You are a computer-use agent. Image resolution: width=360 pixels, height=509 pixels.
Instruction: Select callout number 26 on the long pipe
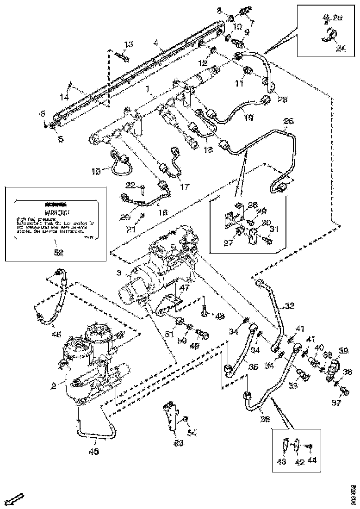pyautogui.click(x=289, y=122)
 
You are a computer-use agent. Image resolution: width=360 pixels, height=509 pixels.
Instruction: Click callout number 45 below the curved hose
pyautogui.click(x=93, y=451)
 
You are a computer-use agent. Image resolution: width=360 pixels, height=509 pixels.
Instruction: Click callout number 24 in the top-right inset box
pyautogui.click(x=341, y=48)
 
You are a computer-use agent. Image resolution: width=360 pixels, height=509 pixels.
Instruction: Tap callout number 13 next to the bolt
pyautogui.click(x=128, y=44)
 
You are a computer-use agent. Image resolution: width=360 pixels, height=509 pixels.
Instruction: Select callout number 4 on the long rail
pyautogui.click(x=156, y=44)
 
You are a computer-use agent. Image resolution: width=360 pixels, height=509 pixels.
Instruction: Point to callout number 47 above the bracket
pyautogui.click(x=172, y=287)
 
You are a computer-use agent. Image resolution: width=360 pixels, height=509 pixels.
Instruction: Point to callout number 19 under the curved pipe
pyautogui.click(x=249, y=118)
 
